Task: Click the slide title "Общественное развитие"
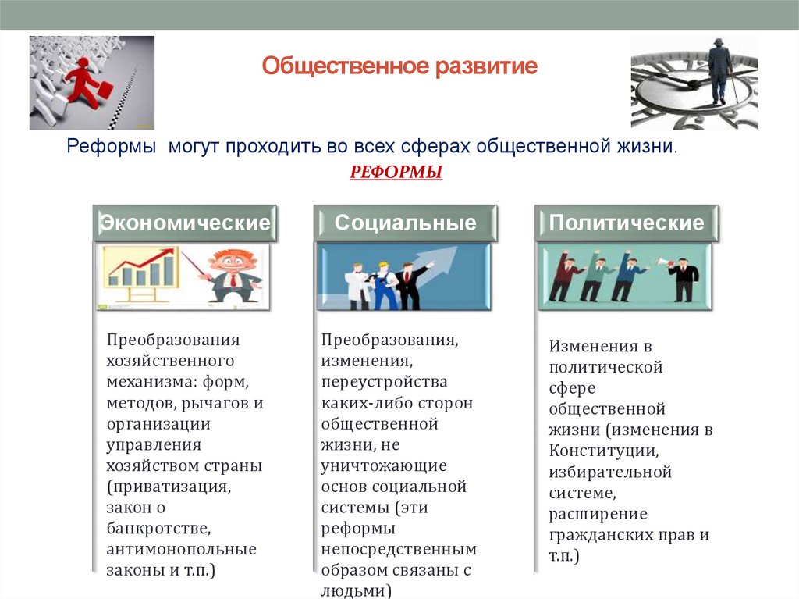point(399,66)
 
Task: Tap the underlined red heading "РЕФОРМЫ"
point(396,172)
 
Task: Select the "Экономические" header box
point(184,223)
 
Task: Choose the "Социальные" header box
point(405,223)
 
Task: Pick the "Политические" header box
point(626,223)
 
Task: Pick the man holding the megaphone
point(684,277)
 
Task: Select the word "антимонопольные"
point(182,549)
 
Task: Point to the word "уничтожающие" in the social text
point(383,465)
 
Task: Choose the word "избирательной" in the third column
point(609,472)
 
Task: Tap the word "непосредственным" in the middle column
point(398,549)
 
